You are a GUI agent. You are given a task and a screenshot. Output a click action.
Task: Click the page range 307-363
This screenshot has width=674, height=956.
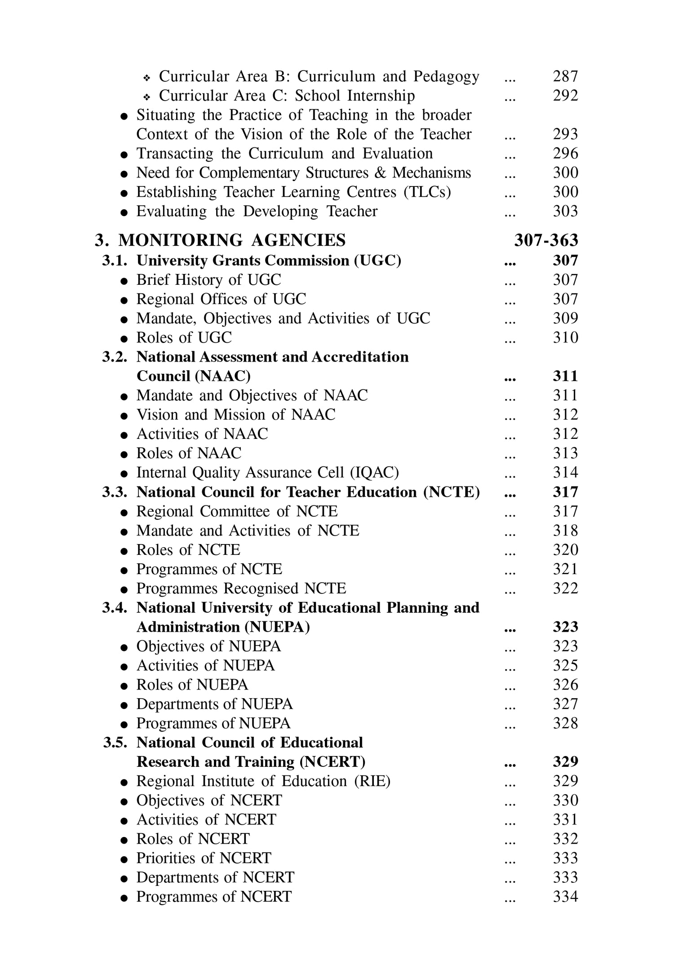[x=546, y=241]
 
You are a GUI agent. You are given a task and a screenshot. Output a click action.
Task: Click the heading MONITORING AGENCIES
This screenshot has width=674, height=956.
[x=232, y=241]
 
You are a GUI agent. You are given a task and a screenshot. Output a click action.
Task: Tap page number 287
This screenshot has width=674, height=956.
[x=565, y=76]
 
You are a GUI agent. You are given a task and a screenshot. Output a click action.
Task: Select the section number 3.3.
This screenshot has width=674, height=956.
[x=115, y=492]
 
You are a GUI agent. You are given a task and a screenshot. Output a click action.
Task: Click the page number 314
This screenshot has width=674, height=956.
[x=565, y=473]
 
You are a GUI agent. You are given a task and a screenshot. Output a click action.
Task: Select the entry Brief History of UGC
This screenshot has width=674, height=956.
[x=208, y=280]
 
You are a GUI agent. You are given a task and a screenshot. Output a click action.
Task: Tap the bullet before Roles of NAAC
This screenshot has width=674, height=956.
[x=124, y=455]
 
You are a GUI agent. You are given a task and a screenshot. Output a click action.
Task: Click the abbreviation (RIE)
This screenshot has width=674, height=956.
[x=372, y=781]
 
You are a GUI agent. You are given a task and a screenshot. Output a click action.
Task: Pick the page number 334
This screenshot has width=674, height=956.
[x=565, y=897]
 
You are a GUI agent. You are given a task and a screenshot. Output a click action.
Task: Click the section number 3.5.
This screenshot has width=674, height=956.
[x=115, y=743]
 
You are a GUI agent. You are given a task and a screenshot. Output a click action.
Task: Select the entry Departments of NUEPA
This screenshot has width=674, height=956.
[x=214, y=704]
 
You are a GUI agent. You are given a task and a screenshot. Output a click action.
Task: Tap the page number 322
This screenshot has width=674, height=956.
[x=565, y=589]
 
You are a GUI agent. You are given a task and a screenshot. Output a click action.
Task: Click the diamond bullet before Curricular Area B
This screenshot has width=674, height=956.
[x=146, y=78]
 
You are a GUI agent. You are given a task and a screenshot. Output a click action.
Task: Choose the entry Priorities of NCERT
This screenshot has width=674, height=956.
[x=204, y=858]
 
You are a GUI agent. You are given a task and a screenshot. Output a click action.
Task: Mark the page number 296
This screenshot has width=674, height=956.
[x=565, y=154]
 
